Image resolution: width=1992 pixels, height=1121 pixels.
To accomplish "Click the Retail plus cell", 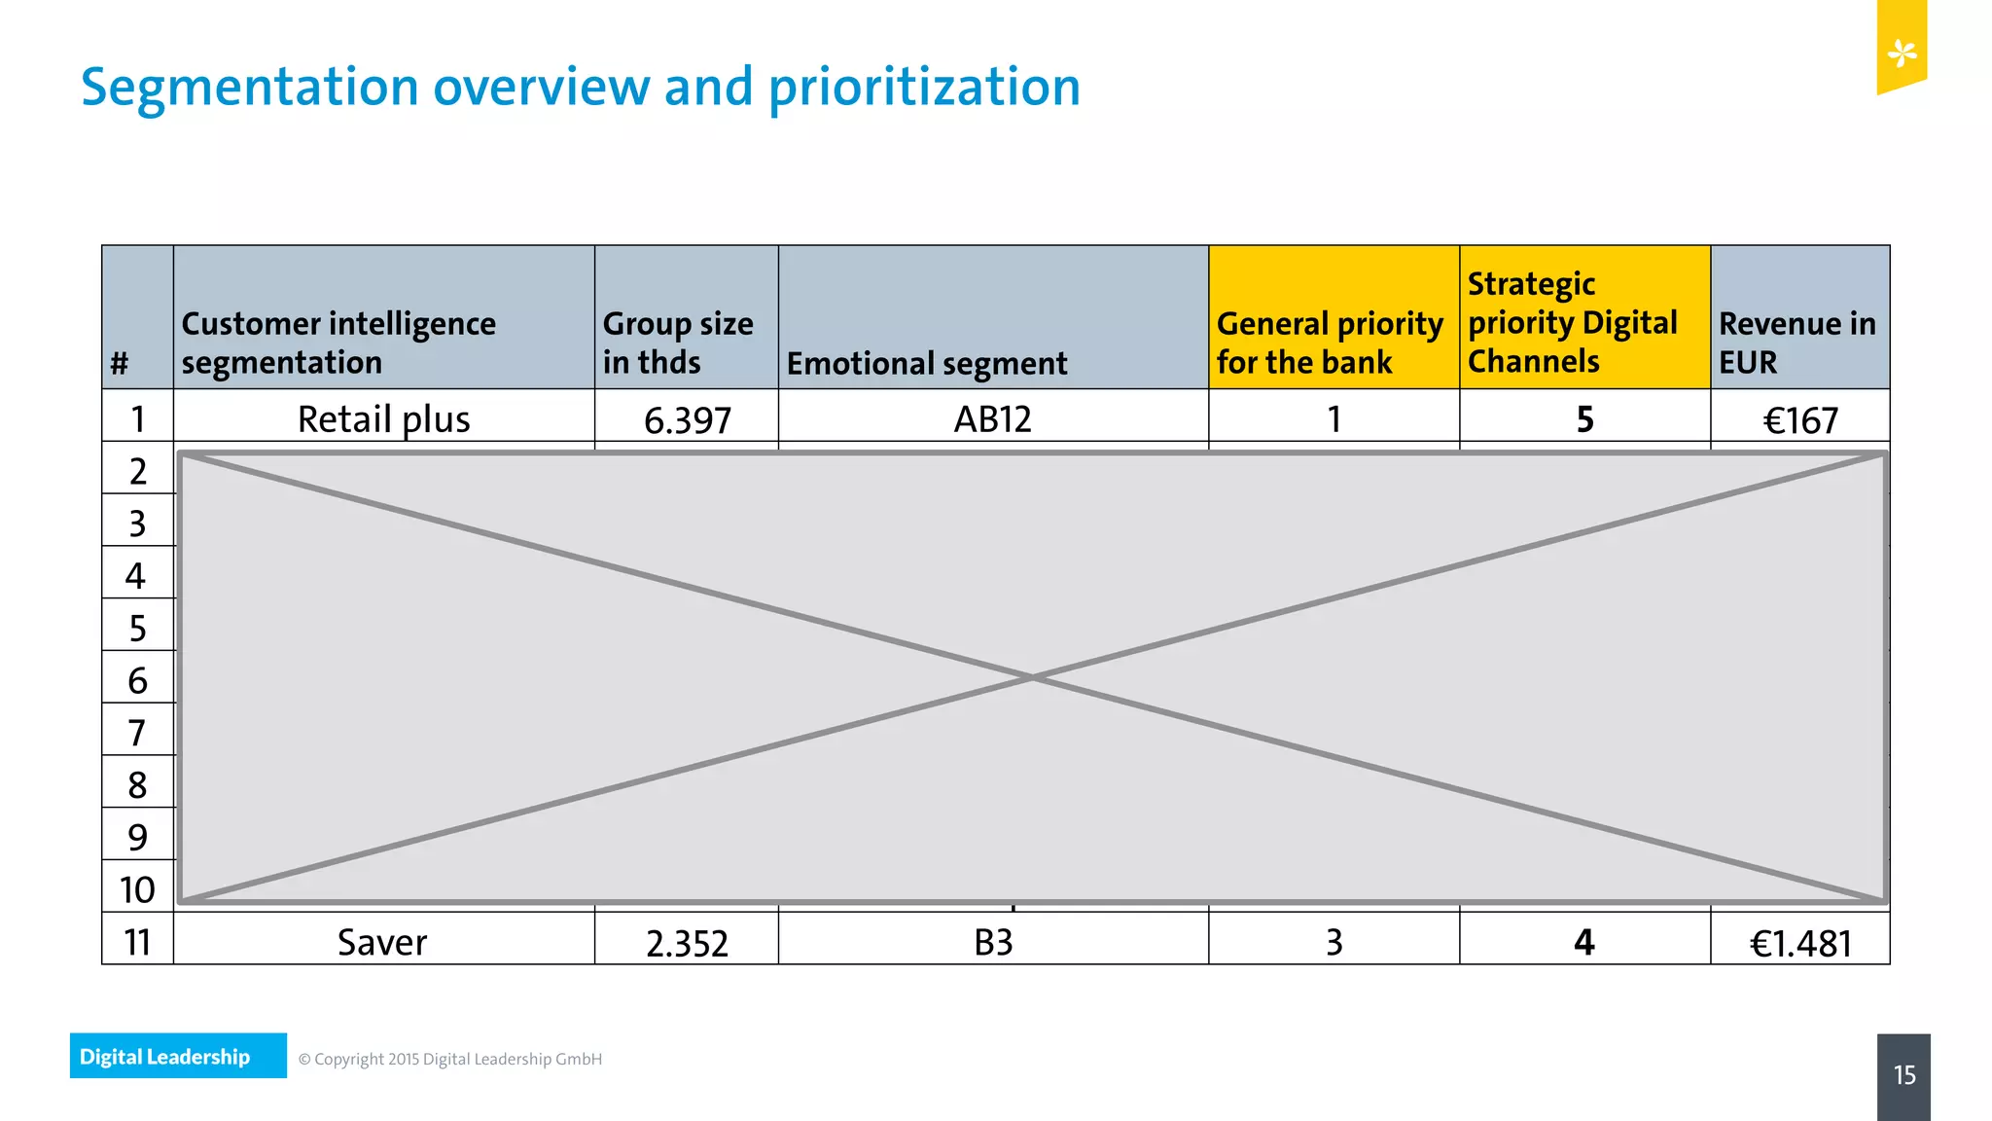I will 383,419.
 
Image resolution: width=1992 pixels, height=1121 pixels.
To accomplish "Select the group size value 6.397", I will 687,420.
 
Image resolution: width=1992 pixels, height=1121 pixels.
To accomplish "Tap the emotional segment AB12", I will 992,419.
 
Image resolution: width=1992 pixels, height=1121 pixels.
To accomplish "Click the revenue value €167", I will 1799,420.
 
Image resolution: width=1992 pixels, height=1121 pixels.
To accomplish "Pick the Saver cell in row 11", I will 382,942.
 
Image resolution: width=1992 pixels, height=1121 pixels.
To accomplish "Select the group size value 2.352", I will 687,943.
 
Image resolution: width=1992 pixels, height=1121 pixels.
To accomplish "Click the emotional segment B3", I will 993,942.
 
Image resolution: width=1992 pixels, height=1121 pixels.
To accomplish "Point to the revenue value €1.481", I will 1799,943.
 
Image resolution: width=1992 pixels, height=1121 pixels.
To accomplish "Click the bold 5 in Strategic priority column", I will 1584,419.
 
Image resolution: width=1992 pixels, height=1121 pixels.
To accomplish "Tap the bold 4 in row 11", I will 1583,942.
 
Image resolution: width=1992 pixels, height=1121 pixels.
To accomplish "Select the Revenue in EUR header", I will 1796,343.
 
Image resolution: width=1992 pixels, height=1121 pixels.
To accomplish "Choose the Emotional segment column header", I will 926,363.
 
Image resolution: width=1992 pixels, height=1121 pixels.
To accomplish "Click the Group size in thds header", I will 678,343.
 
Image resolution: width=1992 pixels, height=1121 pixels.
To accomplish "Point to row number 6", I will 137,680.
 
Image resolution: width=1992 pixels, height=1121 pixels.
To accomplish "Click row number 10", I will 137,889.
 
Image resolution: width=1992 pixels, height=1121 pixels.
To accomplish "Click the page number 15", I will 1903,1075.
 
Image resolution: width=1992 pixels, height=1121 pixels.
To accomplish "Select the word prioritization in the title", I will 924,88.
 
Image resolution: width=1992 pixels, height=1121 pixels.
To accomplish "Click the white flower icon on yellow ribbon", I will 1902,53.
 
